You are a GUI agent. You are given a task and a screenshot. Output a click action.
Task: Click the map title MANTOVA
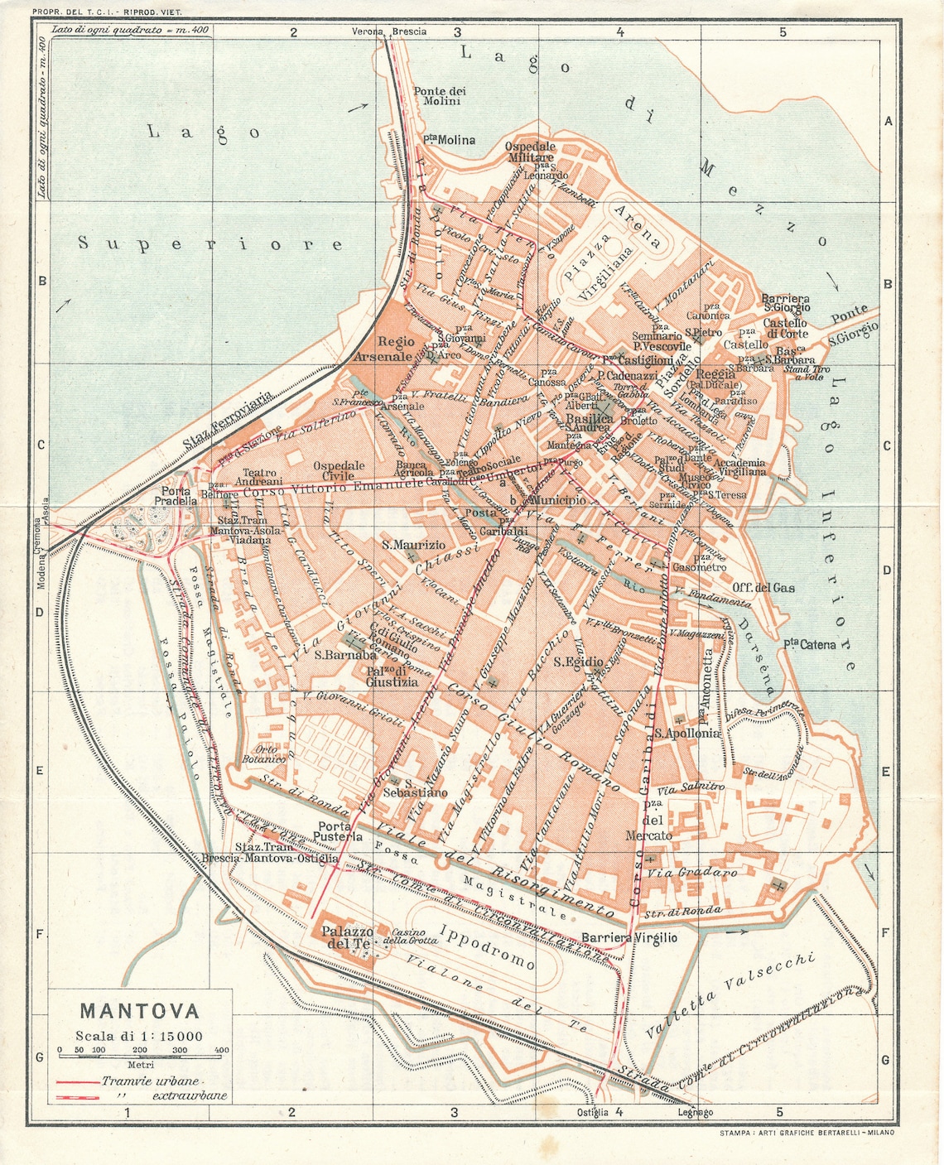(139, 1011)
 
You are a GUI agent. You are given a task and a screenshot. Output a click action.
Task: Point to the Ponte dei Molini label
(440, 96)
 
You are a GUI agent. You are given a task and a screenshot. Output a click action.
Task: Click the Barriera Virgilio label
(629, 937)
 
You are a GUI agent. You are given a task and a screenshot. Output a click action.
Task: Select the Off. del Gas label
(763, 587)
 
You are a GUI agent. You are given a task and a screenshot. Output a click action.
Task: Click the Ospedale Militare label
(529, 152)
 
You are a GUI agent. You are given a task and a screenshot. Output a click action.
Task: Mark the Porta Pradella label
(176, 496)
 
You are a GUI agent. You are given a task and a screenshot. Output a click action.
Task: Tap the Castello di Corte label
(785, 328)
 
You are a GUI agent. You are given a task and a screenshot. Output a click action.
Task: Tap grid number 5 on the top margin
(782, 32)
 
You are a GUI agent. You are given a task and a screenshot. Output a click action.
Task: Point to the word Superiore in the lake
(210, 243)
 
